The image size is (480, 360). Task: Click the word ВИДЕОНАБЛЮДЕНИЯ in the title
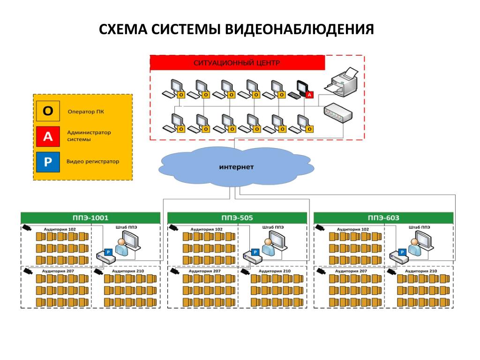(300, 30)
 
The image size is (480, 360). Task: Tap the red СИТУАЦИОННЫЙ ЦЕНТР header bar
(237, 63)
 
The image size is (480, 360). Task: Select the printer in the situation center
(341, 82)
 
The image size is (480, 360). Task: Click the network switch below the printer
(338, 113)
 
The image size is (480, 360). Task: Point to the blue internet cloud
(236, 166)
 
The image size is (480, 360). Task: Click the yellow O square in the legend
(48, 111)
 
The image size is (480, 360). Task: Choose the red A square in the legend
(48, 136)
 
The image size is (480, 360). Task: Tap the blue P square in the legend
(48, 162)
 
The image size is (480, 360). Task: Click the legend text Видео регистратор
(93, 161)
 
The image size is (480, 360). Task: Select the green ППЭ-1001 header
(90, 218)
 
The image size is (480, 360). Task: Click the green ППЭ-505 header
(237, 218)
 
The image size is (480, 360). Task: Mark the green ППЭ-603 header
(383, 218)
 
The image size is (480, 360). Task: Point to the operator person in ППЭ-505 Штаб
(268, 247)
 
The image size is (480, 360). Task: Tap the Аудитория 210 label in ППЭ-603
(421, 271)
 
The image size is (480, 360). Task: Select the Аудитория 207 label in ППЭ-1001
(58, 271)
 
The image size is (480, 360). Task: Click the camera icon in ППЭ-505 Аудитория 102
(173, 227)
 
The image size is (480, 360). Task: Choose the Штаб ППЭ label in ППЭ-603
(420, 227)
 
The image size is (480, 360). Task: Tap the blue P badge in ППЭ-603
(402, 252)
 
